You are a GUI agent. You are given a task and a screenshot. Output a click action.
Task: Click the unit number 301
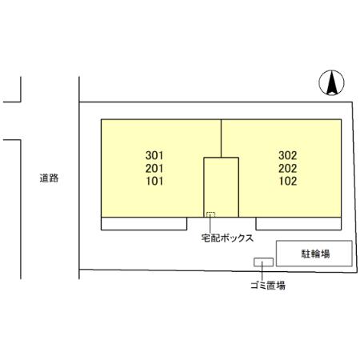(x=154, y=155)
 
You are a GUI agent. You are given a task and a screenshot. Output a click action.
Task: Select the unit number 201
(x=154, y=168)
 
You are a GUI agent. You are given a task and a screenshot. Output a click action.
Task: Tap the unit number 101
(x=154, y=181)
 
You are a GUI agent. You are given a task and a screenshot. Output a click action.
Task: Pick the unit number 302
(x=288, y=155)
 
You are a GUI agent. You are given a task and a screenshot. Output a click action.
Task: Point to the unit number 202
(x=288, y=168)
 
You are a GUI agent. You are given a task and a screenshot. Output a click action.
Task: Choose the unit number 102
(x=288, y=181)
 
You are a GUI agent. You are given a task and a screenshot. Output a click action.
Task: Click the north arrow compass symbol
(x=331, y=82)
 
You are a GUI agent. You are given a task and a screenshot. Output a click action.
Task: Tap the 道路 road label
(x=49, y=178)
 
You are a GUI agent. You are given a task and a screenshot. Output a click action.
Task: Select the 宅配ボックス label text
(x=227, y=238)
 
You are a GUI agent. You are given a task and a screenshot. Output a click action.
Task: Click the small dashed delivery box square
(x=210, y=214)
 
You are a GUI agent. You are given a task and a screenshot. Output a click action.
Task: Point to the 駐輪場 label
(x=315, y=254)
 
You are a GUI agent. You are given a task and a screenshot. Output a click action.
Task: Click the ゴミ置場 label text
(x=268, y=286)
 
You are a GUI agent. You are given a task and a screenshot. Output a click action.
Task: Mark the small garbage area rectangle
(x=263, y=262)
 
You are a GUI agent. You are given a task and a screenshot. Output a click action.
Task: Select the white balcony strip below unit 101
(x=144, y=223)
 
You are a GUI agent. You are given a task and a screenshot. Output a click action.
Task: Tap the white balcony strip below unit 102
(x=298, y=223)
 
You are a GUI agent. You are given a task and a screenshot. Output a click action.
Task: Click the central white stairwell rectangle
(x=221, y=187)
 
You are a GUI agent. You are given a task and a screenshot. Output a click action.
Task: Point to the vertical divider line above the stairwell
(x=221, y=138)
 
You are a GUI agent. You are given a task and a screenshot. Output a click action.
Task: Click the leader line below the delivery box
(x=210, y=226)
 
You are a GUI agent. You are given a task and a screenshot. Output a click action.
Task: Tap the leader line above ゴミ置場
(x=262, y=271)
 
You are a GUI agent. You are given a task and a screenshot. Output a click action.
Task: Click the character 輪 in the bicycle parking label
(x=315, y=254)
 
